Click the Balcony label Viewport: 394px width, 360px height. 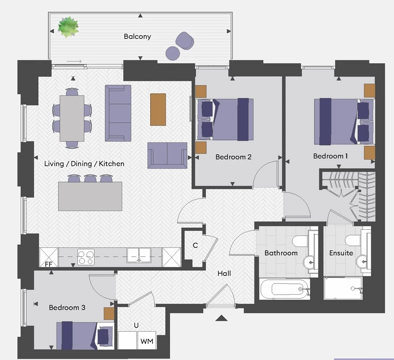click(137, 36)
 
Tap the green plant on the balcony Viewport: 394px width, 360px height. click(68, 27)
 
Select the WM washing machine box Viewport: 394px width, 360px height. click(147, 340)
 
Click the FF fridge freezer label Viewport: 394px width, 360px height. click(49, 264)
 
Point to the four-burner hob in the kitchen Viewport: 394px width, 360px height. click(86, 257)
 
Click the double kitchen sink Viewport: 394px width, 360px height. click(139, 255)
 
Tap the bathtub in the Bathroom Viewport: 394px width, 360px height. click(284, 289)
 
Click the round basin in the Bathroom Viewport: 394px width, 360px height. click(311, 262)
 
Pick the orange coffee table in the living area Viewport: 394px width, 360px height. click(158, 109)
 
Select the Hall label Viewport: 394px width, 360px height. click(224, 273)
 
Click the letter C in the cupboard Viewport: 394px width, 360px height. click(195, 245)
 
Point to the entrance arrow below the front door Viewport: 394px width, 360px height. click(221, 318)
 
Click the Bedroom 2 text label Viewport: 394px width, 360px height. click(233, 157)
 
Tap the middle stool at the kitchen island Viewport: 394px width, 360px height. click(90, 178)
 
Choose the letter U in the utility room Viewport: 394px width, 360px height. click(136, 325)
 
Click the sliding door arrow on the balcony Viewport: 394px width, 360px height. click(74, 62)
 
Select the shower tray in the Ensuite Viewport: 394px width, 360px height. click(343, 289)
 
